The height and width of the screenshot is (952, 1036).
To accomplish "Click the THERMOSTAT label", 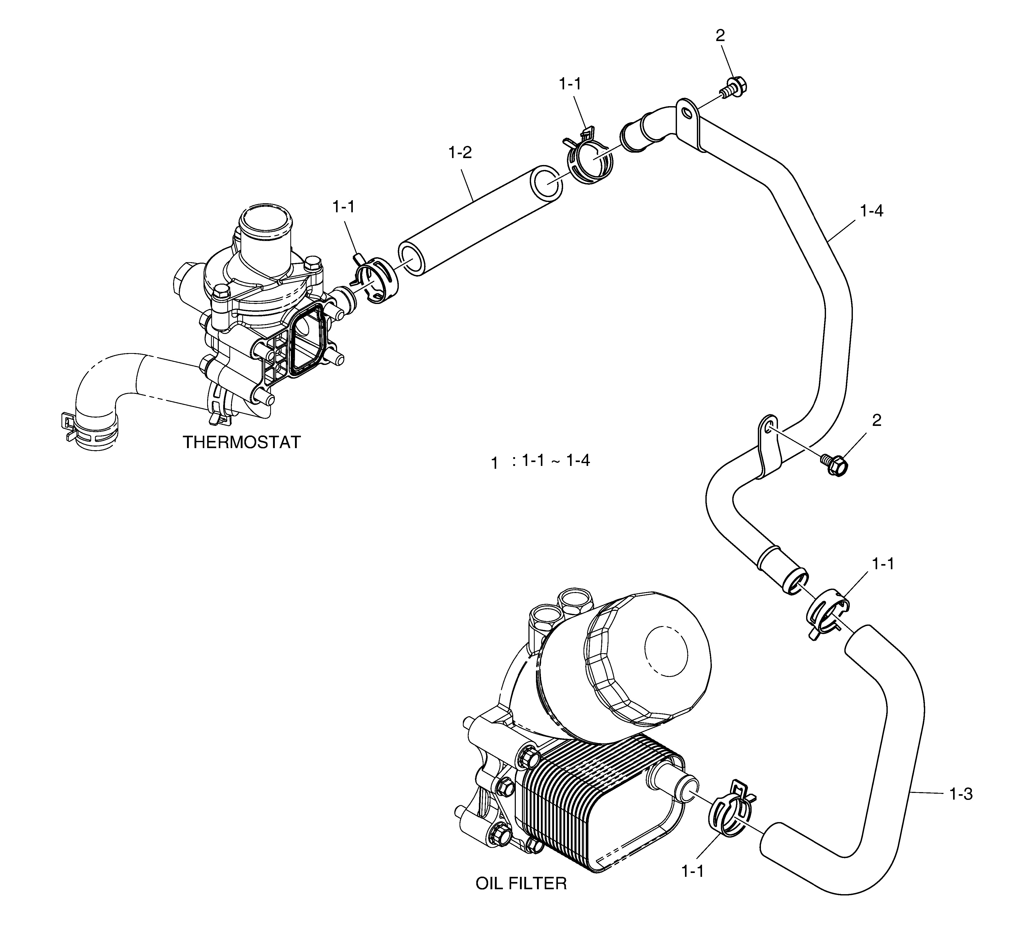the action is pos(242,442).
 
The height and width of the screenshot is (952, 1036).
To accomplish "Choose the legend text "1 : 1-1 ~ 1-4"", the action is pos(541,462).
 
